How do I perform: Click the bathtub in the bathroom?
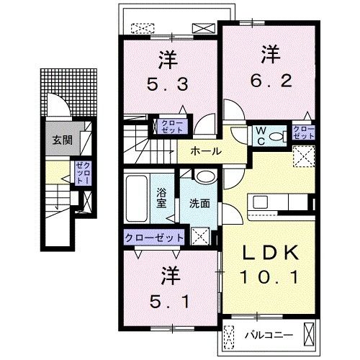pyautogui.click(x=137, y=198)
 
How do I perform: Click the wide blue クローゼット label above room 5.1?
pyautogui.click(x=153, y=238)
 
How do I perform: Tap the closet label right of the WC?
pyautogui.click(x=303, y=132)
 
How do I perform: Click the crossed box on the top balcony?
pyautogui.click(x=203, y=27)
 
